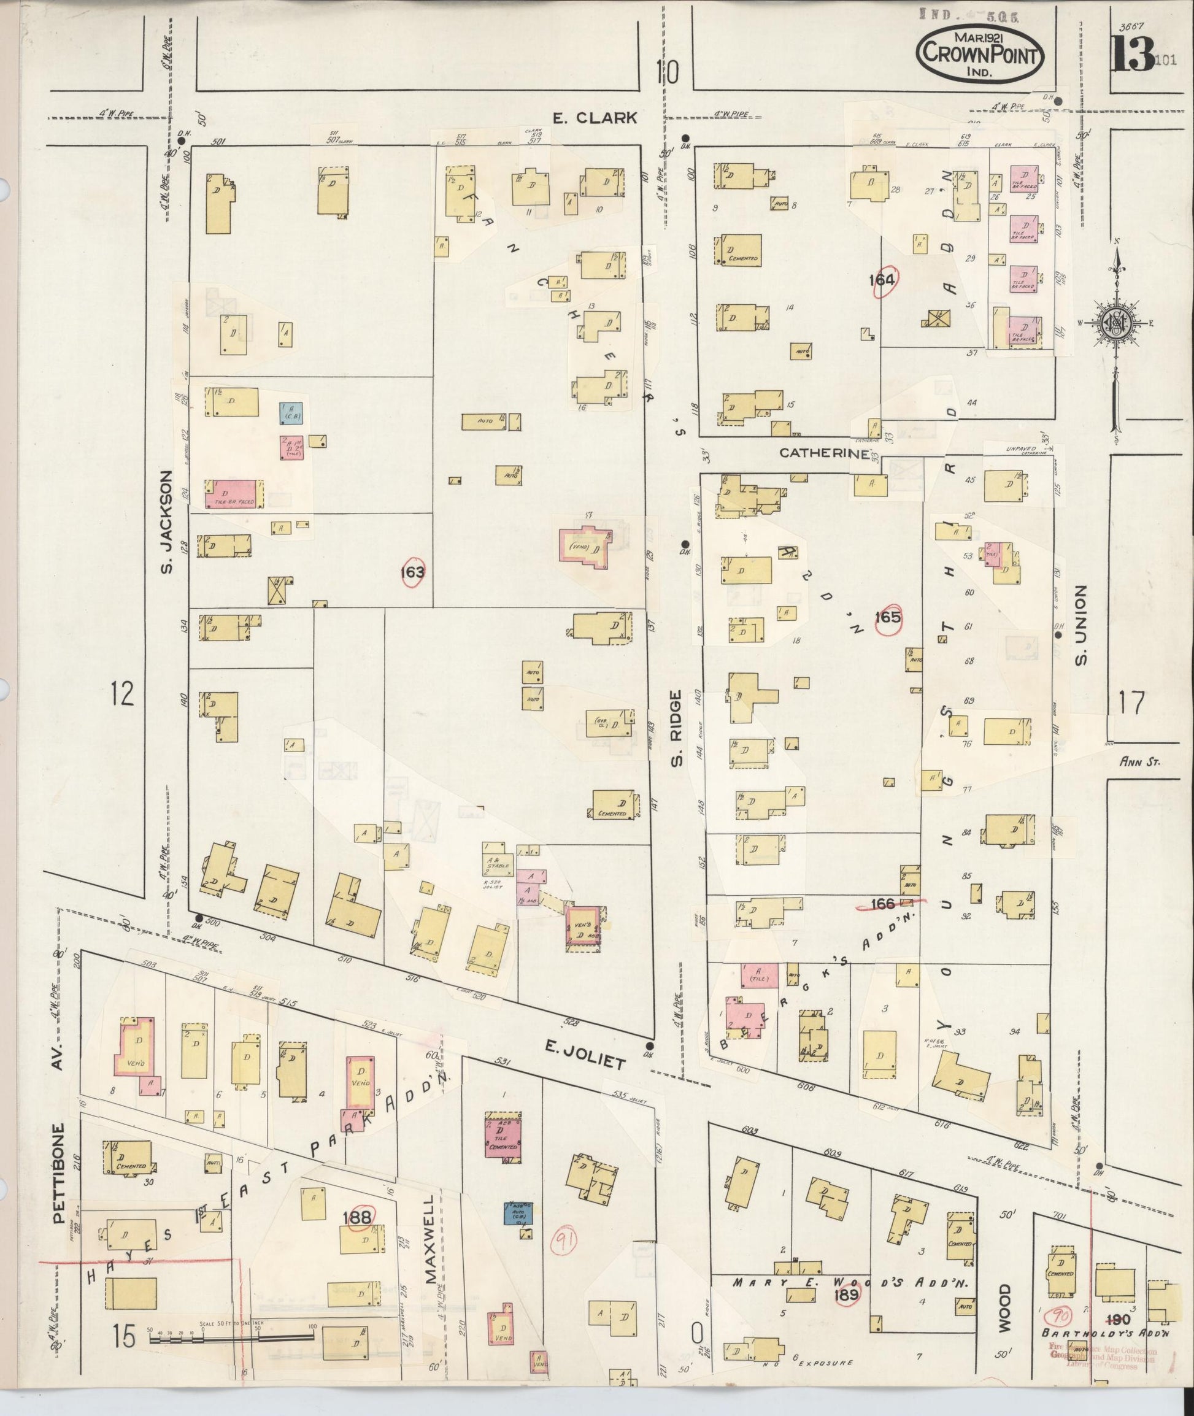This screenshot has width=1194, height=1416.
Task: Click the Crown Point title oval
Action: click(x=980, y=55)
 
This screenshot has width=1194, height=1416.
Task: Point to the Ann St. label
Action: click(x=1140, y=762)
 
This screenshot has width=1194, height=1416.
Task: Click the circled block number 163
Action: click(x=413, y=572)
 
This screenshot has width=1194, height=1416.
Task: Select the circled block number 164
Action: click(x=885, y=280)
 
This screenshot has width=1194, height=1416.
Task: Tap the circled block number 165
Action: click(x=887, y=617)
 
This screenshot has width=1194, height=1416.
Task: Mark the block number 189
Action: click(x=847, y=1294)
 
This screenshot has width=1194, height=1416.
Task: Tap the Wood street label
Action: click(x=1004, y=1309)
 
